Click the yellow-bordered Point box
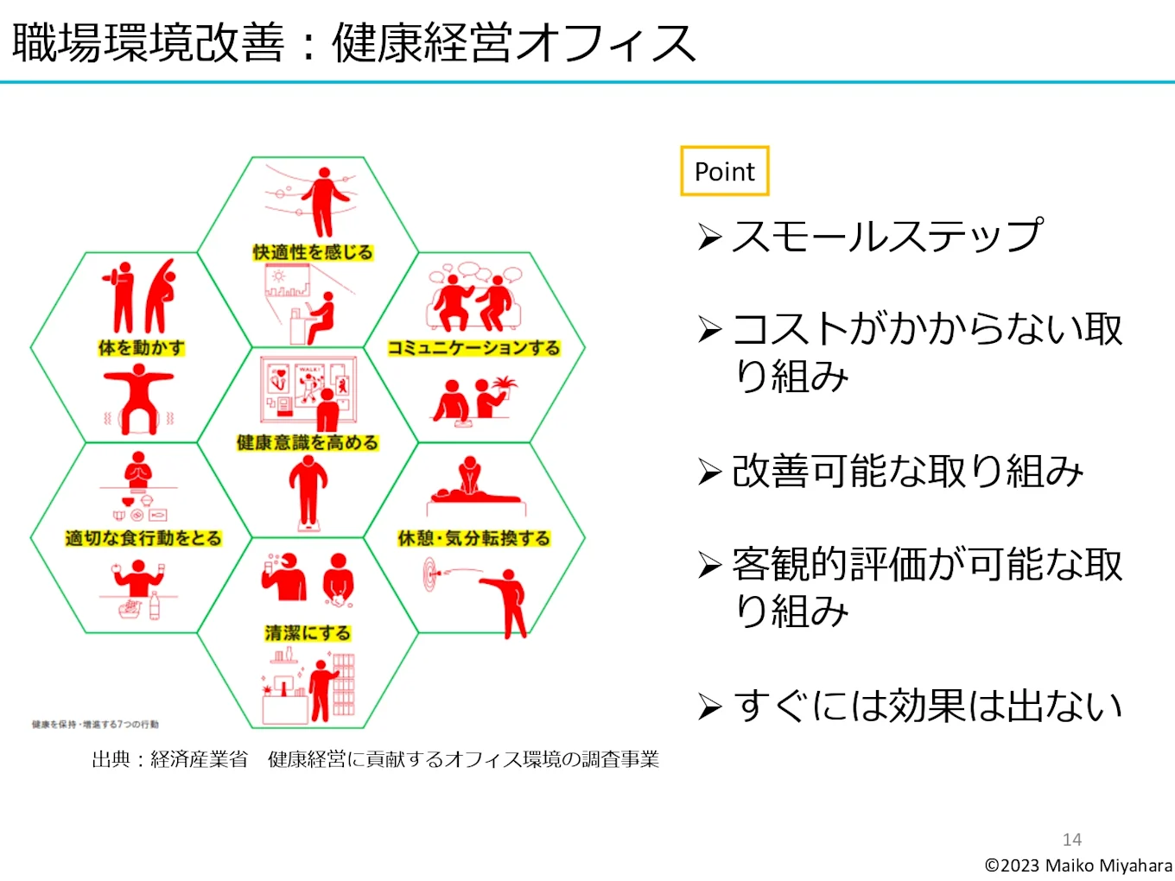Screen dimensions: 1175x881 pyautogui.click(x=724, y=171)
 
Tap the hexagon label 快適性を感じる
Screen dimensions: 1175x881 pyautogui.click(x=313, y=252)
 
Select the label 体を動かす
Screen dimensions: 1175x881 pyautogui.click(x=142, y=348)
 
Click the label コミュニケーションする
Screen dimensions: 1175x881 pyautogui.click(x=473, y=348)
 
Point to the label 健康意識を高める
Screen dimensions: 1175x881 pyautogui.click(x=308, y=443)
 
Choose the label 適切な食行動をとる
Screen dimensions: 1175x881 pyautogui.click(x=143, y=538)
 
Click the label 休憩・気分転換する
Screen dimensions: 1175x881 pyautogui.click(x=473, y=538)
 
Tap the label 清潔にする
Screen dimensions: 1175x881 pyautogui.click(x=308, y=633)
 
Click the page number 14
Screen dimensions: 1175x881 pyautogui.click(x=1071, y=840)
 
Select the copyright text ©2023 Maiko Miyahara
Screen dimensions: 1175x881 pyautogui.click(x=1078, y=865)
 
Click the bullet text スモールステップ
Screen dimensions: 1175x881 pyautogui.click(x=887, y=236)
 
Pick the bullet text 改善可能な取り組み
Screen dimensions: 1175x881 pyautogui.click(x=907, y=471)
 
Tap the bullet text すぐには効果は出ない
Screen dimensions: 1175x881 pyautogui.click(x=927, y=706)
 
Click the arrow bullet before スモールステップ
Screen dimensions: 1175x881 pyautogui.click(x=709, y=237)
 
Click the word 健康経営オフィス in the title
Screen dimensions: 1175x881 pyautogui.click(x=513, y=43)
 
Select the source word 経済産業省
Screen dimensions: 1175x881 pyautogui.click(x=199, y=759)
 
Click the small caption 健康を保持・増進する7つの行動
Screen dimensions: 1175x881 pyautogui.click(x=95, y=725)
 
